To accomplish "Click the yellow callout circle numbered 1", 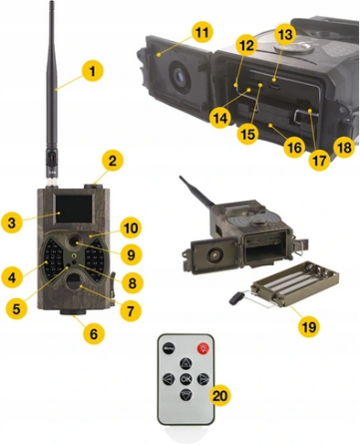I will click(91, 73).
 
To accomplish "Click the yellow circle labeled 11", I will click(202, 32).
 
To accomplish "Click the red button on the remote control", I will click(205, 349).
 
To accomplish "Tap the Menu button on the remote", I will click(169, 349).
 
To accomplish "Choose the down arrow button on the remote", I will click(186, 395).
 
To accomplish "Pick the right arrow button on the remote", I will click(203, 380).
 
